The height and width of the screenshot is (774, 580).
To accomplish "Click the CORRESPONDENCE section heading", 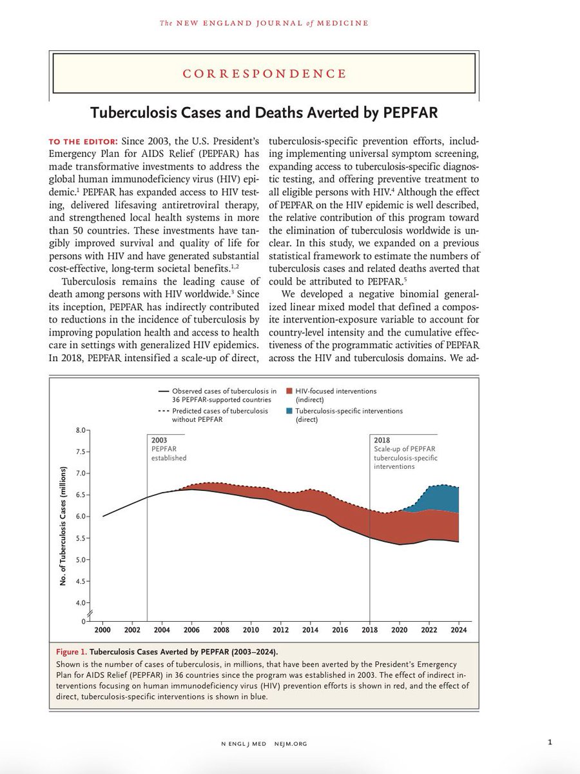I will tap(264, 74).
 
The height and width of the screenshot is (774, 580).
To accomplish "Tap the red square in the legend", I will tap(289, 391).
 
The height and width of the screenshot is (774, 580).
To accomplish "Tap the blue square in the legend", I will tap(289, 410).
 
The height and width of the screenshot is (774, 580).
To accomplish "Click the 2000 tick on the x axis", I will tap(102, 630).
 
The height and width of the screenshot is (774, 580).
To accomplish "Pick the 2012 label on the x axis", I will tap(280, 630).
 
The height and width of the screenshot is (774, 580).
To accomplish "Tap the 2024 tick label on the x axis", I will tap(459, 630).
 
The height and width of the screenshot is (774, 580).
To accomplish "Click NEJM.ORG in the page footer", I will tap(290, 744).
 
